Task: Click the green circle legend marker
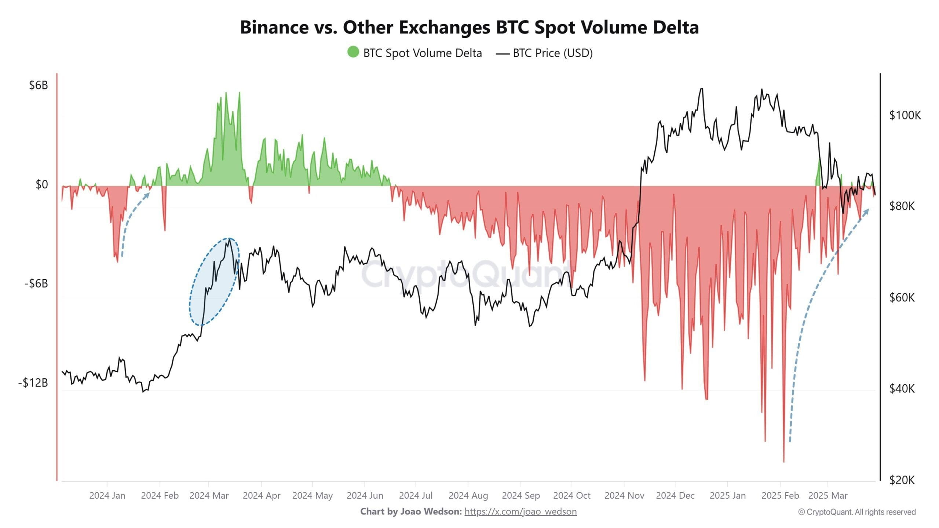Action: tap(353, 52)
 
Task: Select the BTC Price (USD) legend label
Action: tap(552, 53)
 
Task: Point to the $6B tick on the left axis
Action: tap(38, 85)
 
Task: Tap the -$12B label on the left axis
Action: tap(33, 383)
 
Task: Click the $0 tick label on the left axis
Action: tap(41, 184)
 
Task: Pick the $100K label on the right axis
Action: tap(905, 115)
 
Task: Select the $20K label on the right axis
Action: tap(902, 480)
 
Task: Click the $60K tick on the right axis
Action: tap(902, 297)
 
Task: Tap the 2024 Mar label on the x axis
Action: tap(209, 495)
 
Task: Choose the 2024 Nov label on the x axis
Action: tap(624, 495)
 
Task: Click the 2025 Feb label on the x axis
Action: tap(780, 495)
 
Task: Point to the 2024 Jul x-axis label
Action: tap(416, 495)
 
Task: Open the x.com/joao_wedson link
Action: tap(520, 511)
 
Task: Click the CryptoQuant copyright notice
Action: tap(857, 512)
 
